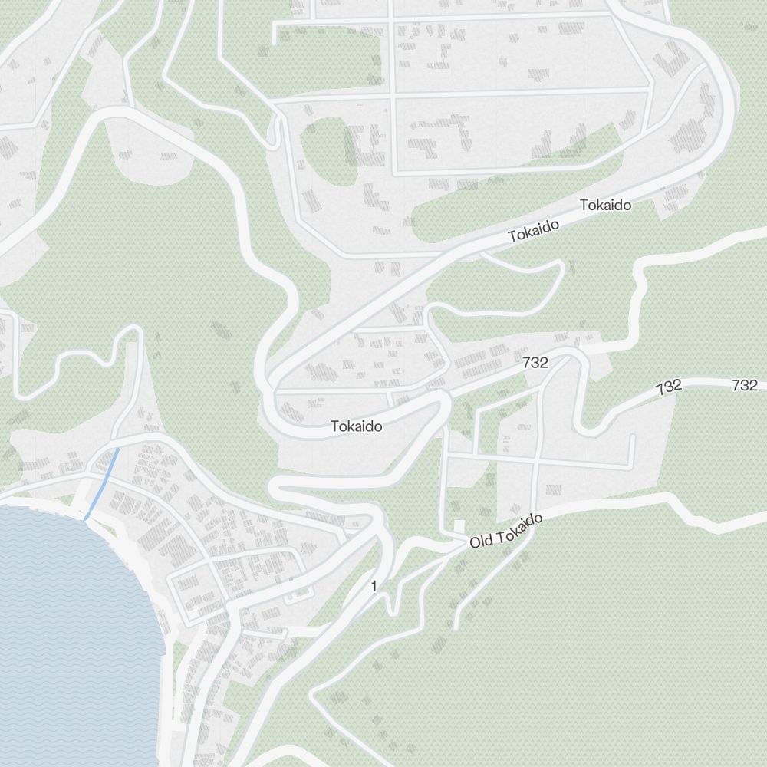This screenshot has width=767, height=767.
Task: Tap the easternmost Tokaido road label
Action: point(605,206)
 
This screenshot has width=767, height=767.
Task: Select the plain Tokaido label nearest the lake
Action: point(357,426)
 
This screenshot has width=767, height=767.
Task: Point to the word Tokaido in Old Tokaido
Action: point(518,529)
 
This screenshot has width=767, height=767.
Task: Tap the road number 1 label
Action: point(374,587)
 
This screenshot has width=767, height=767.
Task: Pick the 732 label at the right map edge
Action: point(745,385)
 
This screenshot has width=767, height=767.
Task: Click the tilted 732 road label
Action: point(669,387)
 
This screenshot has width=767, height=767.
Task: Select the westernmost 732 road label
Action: point(535,363)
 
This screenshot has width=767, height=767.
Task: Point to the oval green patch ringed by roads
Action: point(328,151)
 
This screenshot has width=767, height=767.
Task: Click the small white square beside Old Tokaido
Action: point(459,526)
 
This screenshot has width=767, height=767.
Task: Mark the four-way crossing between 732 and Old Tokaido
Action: point(535,462)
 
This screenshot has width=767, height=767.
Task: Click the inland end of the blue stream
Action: point(117,449)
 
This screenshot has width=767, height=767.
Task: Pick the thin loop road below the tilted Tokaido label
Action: point(529,288)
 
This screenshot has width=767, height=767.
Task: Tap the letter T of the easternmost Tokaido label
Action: point(584,206)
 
